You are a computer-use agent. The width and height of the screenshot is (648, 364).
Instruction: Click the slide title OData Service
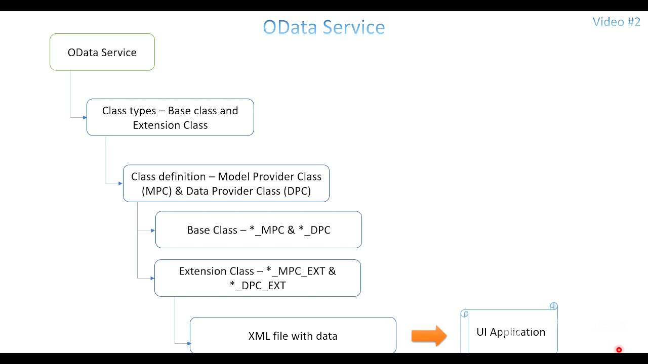pos(324,27)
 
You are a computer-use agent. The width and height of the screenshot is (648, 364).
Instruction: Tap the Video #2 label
pos(616,22)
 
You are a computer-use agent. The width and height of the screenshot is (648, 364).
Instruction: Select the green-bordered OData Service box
pos(102,52)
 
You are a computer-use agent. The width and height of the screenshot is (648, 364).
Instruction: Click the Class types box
pos(170,117)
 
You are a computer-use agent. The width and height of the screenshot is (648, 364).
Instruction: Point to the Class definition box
pos(226,184)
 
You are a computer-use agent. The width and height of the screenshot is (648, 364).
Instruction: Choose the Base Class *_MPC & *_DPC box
pos(259,230)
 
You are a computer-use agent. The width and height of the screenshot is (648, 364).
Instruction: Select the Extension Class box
pos(258,278)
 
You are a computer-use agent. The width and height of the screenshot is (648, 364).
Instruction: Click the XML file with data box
pos(293,335)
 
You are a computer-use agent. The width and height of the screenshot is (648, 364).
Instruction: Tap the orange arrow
pos(429,336)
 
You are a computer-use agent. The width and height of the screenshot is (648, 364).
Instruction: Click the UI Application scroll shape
pos(510,332)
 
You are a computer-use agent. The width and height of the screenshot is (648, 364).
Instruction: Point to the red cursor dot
pos(619,350)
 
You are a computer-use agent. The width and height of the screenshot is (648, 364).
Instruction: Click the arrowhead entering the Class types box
pos(85,118)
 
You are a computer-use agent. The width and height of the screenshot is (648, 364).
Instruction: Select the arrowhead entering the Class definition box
pos(120,184)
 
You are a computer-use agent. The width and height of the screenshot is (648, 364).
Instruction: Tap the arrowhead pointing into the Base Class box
pos(153,231)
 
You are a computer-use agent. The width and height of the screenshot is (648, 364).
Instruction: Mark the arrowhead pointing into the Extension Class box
pos(152,278)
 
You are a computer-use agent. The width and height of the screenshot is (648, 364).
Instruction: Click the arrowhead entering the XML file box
pos(188,344)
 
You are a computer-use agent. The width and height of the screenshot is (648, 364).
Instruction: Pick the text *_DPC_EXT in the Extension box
pos(258,286)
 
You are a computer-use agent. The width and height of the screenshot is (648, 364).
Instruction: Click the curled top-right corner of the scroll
pos(553,306)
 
